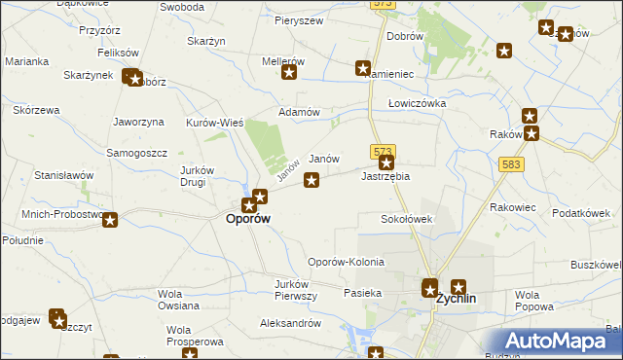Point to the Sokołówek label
click(406, 220)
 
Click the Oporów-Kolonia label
click(346, 263)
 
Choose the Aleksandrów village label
click(290, 322)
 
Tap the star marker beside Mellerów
click(289, 72)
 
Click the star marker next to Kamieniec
click(363, 69)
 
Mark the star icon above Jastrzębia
click(387, 163)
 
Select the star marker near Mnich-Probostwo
click(110, 221)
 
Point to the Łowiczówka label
click(417, 103)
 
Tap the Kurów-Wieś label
click(214, 123)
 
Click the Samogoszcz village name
click(137, 154)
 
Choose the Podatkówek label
click(580, 213)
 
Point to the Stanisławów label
click(63, 176)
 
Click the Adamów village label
click(300, 112)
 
